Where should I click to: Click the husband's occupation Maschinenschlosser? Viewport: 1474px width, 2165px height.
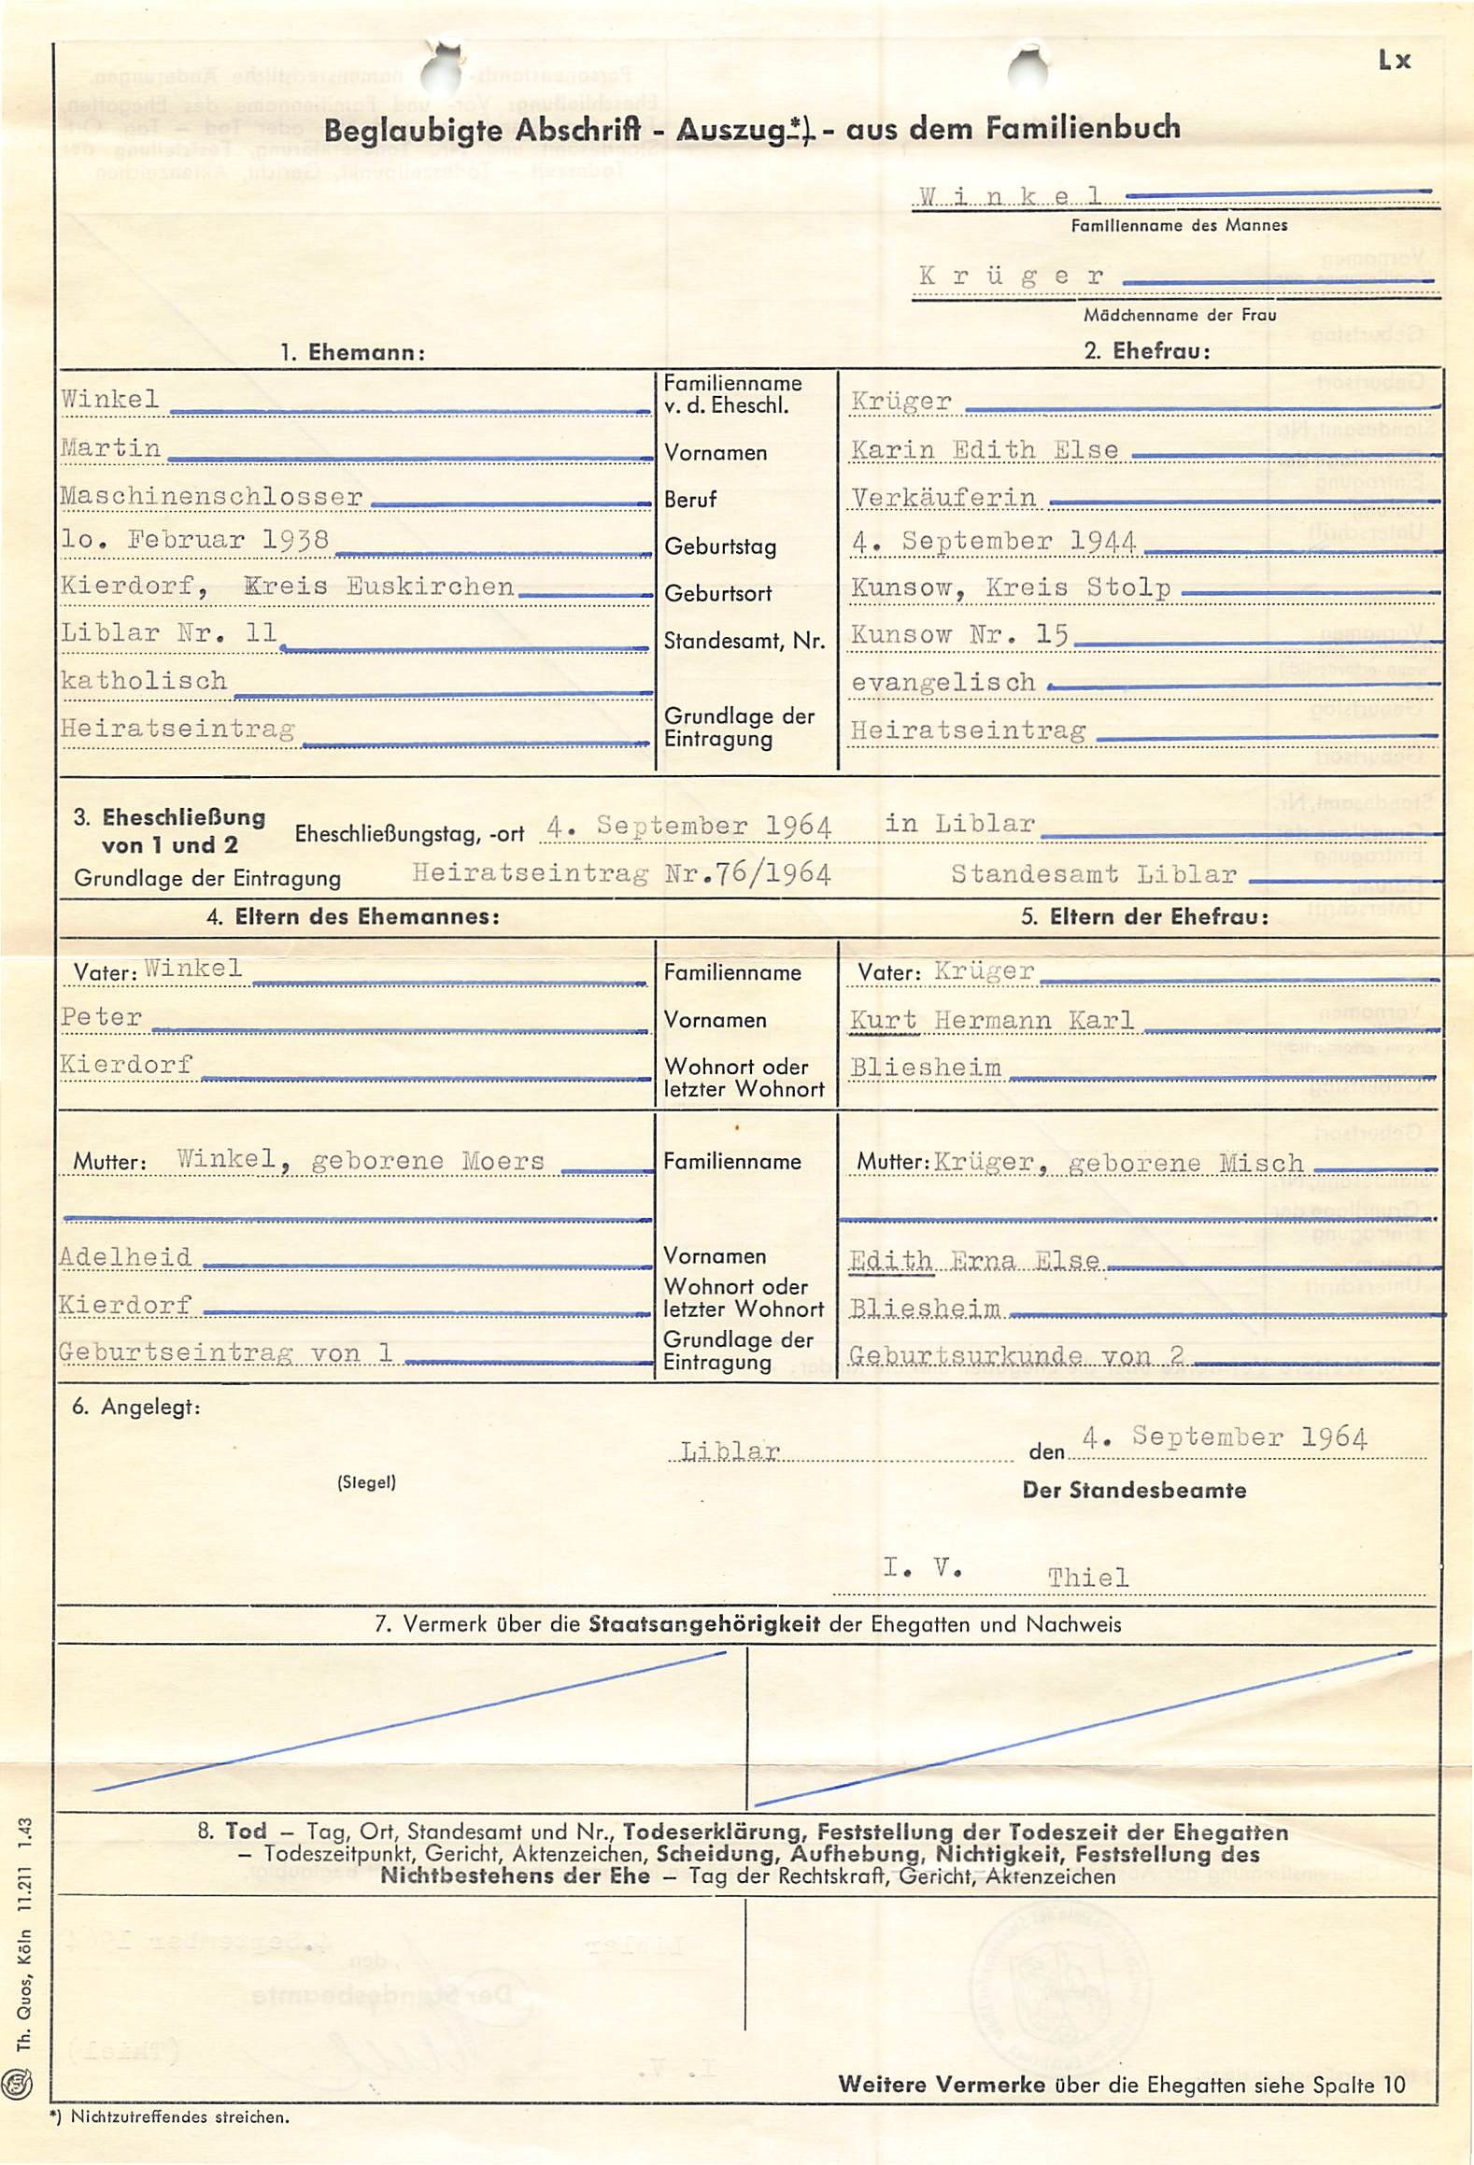point(211,496)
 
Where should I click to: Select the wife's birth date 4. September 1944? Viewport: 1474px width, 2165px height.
point(993,542)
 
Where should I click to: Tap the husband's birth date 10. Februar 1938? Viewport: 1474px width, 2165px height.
point(194,540)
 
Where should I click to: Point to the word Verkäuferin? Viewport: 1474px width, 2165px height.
point(943,498)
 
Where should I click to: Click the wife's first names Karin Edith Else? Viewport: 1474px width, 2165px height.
point(985,450)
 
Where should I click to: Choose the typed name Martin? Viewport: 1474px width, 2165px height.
point(110,448)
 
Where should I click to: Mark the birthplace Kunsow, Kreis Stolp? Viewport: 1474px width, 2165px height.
point(1011,587)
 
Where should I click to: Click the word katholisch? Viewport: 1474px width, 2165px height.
point(144,680)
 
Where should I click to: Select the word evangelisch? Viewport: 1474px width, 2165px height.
point(943,683)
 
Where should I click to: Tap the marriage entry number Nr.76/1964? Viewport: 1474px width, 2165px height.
point(747,873)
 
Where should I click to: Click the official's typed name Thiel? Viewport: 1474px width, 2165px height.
point(1087,1578)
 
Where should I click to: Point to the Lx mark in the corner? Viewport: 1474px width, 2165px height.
point(1394,61)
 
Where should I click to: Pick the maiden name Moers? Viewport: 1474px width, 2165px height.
point(503,1161)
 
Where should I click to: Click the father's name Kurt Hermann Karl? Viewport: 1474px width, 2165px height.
point(991,1020)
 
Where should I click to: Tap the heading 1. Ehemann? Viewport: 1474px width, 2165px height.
point(353,352)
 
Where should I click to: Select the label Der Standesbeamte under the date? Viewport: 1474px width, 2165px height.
point(1134,1490)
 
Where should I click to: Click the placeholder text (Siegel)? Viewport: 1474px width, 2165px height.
point(366,1482)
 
